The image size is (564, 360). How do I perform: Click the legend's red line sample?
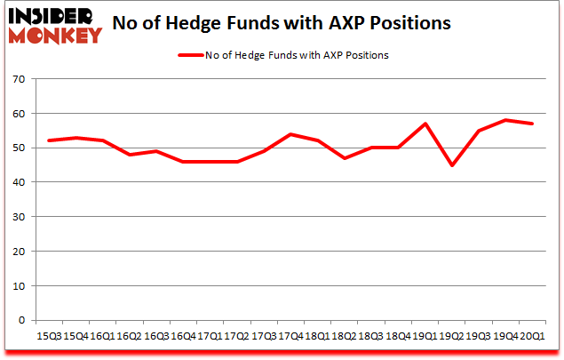pyautogui.click(x=194, y=55)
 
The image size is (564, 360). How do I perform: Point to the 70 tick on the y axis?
pyautogui.click(x=19, y=80)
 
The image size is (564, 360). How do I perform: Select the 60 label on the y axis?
pyautogui.click(x=19, y=114)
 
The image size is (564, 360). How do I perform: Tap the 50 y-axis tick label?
pyautogui.click(x=19, y=148)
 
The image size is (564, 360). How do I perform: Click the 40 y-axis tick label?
pyautogui.click(x=19, y=182)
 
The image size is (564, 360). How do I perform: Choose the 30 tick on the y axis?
pyautogui.click(x=19, y=217)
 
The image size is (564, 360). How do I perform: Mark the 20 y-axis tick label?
pyautogui.click(x=19, y=251)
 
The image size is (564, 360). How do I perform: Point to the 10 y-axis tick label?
pyautogui.click(x=19, y=285)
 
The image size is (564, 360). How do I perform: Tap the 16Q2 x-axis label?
pyautogui.click(x=130, y=338)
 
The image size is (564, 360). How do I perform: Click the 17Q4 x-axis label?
pyautogui.click(x=288, y=338)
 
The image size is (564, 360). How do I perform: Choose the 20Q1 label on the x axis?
pyautogui.click(x=533, y=338)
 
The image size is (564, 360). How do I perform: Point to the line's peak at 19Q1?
pyautogui.click(x=427, y=124)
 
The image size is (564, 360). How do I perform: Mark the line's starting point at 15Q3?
pyautogui.click(x=50, y=140)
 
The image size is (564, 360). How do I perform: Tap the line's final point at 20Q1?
pyautogui.click(x=532, y=124)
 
